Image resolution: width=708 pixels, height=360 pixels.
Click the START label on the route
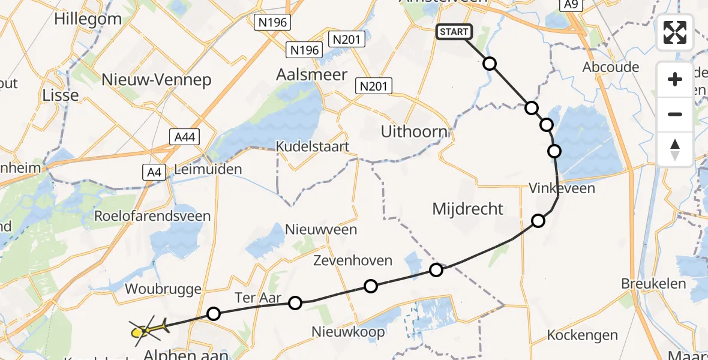[x=454, y=32]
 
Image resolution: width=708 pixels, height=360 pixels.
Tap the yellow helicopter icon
[x=145, y=329]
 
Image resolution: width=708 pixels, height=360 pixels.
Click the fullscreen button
[x=675, y=32]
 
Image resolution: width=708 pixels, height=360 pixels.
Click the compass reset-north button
[x=675, y=149]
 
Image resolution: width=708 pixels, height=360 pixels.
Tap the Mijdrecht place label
[x=468, y=209]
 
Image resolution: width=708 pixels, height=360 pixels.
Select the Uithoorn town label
[x=414, y=132]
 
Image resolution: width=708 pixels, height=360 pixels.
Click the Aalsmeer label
[x=311, y=75]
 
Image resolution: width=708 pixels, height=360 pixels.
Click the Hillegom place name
[x=88, y=19]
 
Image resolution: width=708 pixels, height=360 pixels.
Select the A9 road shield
[x=571, y=5]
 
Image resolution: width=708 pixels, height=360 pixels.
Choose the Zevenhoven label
[x=353, y=260]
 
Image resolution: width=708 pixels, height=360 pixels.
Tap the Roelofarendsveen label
[x=153, y=216]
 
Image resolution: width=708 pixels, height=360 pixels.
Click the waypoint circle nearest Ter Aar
[x=295, y=303]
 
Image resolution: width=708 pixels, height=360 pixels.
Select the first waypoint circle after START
[x=490, y=64]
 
